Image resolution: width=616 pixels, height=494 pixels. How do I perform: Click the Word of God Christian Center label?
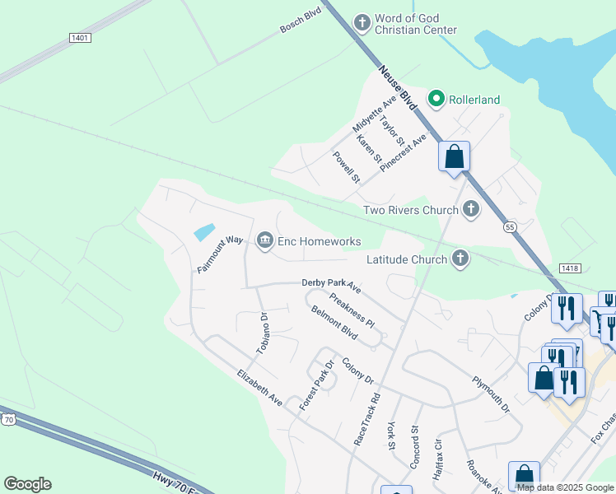click(x=415, y=24)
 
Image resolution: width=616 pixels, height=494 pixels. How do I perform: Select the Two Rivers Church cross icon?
click(x=471, y=209)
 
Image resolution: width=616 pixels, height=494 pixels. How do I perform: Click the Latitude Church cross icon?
click(x=460, y=259)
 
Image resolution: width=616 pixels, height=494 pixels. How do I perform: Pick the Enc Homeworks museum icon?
click(x=265, y=240)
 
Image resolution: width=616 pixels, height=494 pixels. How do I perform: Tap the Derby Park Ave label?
click(x=331, y=285)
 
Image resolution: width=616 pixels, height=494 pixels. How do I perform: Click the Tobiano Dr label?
click(x=263, y=333)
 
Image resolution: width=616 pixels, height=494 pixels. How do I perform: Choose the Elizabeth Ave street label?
click(x=259, y=388)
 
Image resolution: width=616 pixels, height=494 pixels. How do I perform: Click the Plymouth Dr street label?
click(x=491, y=394)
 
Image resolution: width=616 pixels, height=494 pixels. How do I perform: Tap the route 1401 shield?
click(x=81, y=38)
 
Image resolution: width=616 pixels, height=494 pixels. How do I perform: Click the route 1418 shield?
click(x=569, y=268)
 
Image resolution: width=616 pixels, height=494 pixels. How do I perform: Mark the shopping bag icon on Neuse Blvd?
click(x=454, y=156)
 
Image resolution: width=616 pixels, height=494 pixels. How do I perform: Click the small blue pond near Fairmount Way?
click(x=204, y=232)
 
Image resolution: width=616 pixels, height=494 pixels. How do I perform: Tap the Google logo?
click(x=27, y=484)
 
